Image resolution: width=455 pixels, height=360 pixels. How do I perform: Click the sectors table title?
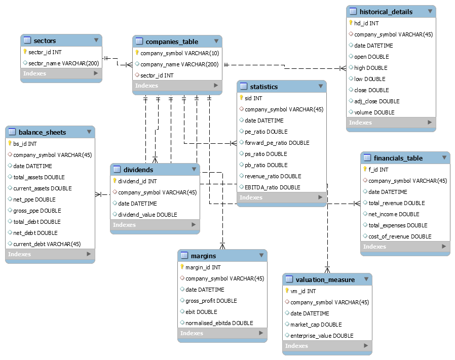[x=45, y=41]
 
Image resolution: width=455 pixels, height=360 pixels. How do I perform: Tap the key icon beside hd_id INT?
[x=351, y=23]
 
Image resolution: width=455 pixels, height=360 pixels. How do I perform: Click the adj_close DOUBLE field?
[x=376, y=101]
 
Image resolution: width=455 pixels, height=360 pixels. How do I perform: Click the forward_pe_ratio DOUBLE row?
[x=277, y=143]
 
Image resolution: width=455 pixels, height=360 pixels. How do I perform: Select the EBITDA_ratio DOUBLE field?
[x=272, y=187]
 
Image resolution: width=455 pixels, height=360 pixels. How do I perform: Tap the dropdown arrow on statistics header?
[x=320, y=87]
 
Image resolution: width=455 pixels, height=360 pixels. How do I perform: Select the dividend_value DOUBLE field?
[x=147, y=215]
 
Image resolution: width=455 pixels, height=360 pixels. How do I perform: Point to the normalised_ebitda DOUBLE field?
[x=219, y=323]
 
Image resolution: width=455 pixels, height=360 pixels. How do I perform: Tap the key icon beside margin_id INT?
[x=182, y=267]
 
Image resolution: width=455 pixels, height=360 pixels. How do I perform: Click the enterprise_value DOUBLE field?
[x=322, y=336]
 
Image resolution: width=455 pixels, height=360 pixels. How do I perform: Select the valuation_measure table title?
[x=325, y=279]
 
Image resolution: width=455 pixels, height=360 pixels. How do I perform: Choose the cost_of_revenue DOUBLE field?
[x=400, y=236]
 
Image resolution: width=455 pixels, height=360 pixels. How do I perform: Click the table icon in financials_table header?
[x=367, y=158]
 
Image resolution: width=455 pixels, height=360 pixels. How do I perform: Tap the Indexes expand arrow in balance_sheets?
[x=89, y=254]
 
